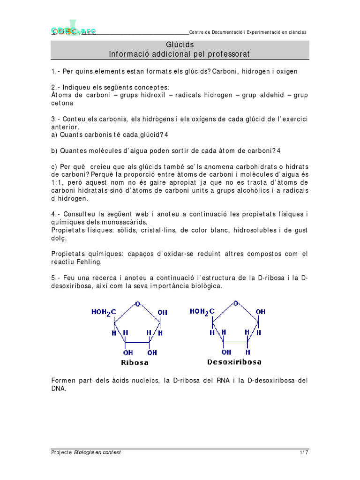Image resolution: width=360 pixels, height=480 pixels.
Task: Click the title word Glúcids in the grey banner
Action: [x=180, y=45]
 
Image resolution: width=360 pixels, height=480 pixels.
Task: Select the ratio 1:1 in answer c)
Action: [x=59, y=183]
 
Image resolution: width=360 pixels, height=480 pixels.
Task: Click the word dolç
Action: [x=59, y=238]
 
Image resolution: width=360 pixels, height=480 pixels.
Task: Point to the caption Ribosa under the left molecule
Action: [x=135, y=362]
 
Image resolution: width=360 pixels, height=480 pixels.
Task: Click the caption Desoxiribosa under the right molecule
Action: [x=234, y=362]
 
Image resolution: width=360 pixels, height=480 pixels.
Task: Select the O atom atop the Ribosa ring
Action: [x=137, y=304]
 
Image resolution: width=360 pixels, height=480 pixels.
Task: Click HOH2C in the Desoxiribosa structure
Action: [x=202, y=312]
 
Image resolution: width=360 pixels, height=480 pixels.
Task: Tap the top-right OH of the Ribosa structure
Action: [x=162, y=312]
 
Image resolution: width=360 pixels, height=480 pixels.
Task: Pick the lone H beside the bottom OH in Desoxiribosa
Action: [x=248, y=352]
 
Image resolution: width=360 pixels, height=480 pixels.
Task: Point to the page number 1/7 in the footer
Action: [x=304, y=452]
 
